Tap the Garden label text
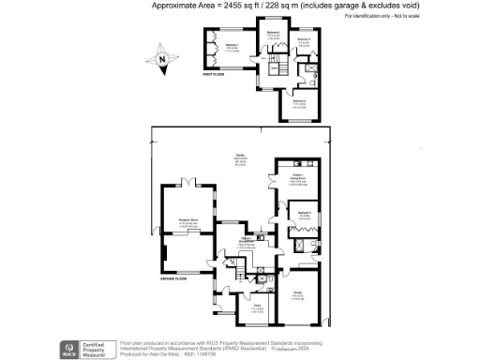tap(240, 157)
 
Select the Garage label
tap(298, 294)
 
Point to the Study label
tap(256, 306)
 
